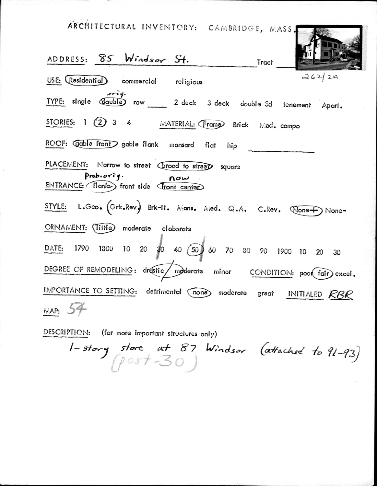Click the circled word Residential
pos(86,80)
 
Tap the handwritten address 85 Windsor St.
pos(144,59)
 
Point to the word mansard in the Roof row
pos(182,145)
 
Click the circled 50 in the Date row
pos(195,250)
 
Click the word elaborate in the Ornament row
pos(176,229)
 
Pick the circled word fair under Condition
pos(323,273)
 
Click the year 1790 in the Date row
pos(81,249)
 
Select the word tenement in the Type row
pos(297,105)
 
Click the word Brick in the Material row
pos(241,125)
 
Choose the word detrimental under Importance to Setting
pos(163,292)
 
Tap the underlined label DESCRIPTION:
pos(66,332)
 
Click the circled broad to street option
pos(185,166)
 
